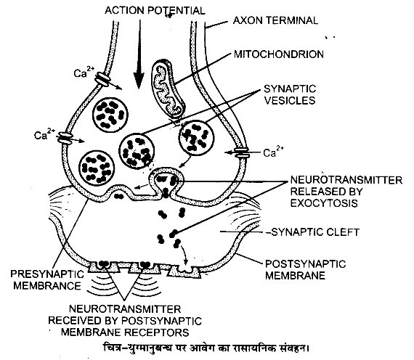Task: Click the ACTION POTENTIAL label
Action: coord(155,11)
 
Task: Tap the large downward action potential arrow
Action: coord(139,54)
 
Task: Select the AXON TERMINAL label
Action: coord(275,20)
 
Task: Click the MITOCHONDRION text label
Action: coord(279,54)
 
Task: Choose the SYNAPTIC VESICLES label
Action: coord(290,94)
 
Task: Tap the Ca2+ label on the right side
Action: coord(273,152)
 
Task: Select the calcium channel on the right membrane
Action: coord(242,153)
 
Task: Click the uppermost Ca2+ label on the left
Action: coord(84,72)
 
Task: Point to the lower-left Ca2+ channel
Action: coord(65,139)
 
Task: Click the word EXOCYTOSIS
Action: coord(324,203)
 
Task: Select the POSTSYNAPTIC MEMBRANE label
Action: coord(305,270)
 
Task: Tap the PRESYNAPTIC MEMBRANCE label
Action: coord(47,279)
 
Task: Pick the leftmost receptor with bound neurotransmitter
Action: coord(103,266)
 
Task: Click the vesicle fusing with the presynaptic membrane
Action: coord(166,182)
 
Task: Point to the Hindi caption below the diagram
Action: coord(206,348)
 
